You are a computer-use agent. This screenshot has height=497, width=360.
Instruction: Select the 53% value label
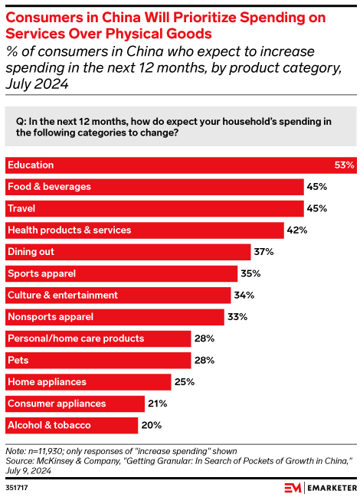pos(345,165)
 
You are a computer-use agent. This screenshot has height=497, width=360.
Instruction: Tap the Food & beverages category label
pos(49,186)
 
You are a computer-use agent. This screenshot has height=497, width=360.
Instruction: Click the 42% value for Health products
pos(297,230)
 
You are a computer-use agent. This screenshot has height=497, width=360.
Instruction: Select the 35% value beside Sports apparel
pos(250,273)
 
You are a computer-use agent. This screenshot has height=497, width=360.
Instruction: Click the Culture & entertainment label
pos(62,295)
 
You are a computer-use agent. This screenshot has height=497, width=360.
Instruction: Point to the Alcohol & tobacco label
pos(48,425)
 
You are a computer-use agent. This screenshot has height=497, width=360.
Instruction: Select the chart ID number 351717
pos(16,488)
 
